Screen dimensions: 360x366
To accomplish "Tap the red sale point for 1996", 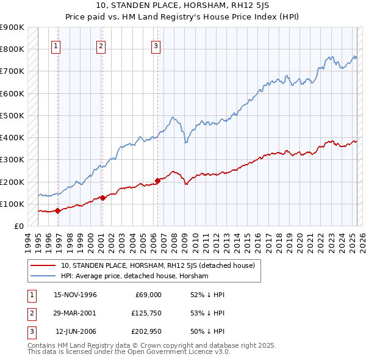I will (57, 211).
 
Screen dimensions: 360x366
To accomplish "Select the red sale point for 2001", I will (102, 198).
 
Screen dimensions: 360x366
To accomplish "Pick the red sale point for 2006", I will (157, 181).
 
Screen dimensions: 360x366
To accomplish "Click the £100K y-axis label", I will (13, 204).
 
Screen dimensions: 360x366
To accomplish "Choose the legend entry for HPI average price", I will (135, 276).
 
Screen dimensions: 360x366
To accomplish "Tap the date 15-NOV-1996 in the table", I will (76, 295).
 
